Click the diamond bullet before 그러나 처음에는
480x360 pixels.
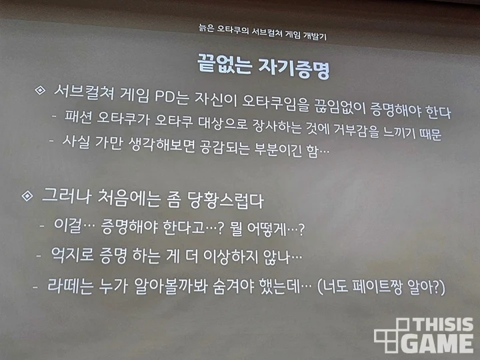(x=27, y=197)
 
